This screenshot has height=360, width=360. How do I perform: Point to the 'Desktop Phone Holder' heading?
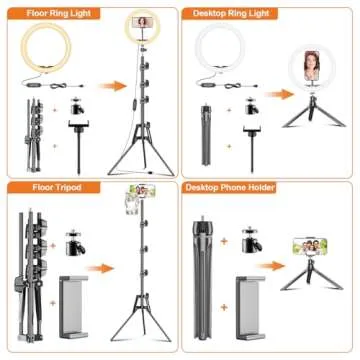pos(236,187)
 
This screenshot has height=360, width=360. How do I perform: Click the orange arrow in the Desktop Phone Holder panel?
pos(271,269)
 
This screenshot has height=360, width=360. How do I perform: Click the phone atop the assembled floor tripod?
pos(130,202)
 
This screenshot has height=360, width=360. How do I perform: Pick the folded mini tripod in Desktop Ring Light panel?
pos(208,129)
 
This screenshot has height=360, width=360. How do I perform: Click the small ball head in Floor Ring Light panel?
pos(76,104)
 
